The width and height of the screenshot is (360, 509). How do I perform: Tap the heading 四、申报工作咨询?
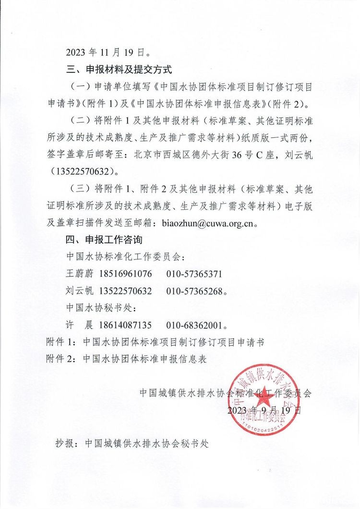104,240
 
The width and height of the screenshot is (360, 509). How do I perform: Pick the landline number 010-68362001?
194,325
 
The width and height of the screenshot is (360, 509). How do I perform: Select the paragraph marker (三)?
78,189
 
